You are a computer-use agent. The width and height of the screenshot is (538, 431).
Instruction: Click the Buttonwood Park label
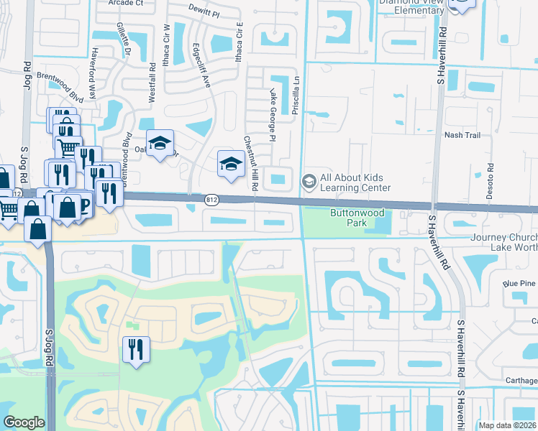pyautogui.click(x=357, y=218)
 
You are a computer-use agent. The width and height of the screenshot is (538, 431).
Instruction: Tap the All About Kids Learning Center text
pyautogui.click(x=356, y=182)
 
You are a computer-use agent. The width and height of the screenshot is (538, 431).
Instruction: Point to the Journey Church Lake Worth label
pyautogui.click(x=504, y=242)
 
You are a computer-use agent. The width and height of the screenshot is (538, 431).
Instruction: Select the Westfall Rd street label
pyautogui.click(x=152, y=85)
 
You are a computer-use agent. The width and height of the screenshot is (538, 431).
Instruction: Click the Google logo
pyautogui.click(x=24, y=422)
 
